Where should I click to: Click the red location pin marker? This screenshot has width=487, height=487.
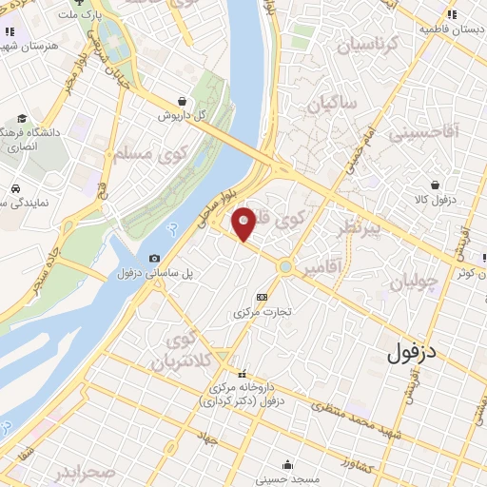tap(243, 224)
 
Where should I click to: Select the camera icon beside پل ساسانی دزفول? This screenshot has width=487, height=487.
tap(155, 258)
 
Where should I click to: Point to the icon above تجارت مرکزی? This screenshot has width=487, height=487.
tap(263, 297)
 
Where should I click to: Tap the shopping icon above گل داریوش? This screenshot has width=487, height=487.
tap(182, 100)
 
